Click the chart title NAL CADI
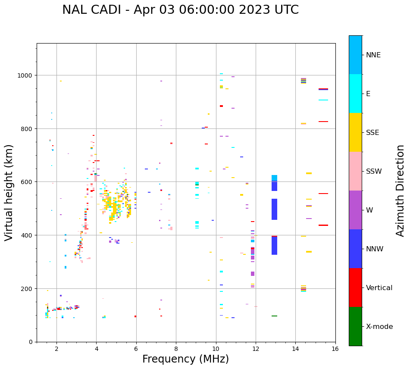(x=91, y=10)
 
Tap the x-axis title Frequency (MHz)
(x=186, y=359)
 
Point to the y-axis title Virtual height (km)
(x=9, y=193)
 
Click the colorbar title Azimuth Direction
(x=400, y=191)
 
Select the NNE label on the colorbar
(x=373, y=55)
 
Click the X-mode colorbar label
(x=379, y=326)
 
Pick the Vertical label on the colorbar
(x=379, y=288)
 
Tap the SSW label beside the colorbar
(x=374, y=171)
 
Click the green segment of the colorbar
(x=355, y=326)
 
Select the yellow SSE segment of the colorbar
(x=355, y=132)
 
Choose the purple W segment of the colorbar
(x=355, y=210)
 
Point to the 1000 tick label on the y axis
(x=25, y=75)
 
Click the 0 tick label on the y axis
(x=31, y=342)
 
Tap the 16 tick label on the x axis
(x=335, y=349)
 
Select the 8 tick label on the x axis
(x=176, y=349)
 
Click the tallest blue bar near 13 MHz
(x=274, y=209)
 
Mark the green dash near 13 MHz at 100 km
(x=274, y=316)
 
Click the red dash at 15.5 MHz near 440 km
(x=323, y=225)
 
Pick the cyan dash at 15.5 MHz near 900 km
(x=323, y=100)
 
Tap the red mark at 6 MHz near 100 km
(x=135, y=316)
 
